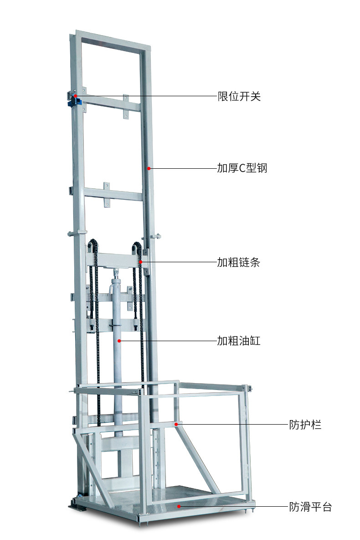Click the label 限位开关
coord(239,96)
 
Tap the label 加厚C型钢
coord(242,168)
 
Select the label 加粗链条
coord(238,262)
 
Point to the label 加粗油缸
coord(238,341)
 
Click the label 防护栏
coord(305,425)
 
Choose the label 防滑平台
coord(310,507)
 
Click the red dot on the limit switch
coord(76,96)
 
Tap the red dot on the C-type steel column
coord(149,168)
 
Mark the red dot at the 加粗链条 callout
coord(141,262)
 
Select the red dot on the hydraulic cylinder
coord(119,341)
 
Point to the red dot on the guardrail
coord(177,424)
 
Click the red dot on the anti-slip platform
coord(179,506)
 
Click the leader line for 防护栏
coord(232,424)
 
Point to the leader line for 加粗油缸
coord(169,341)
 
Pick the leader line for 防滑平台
coord(232,506)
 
